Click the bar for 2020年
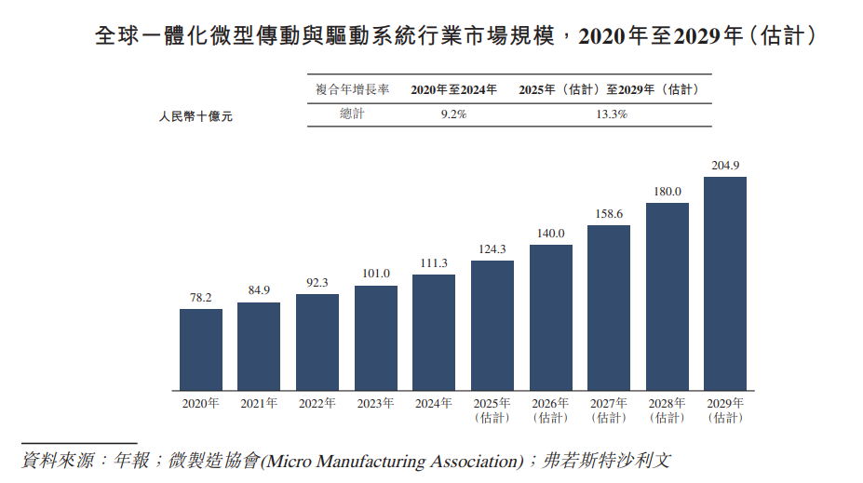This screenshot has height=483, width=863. click(x=201, y=349)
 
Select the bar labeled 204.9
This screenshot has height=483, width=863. click(x=725, y=283)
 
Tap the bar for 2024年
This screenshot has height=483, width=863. click(x=434, y=331)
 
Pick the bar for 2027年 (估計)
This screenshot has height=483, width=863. click(x=609, y=307)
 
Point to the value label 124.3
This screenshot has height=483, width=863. click(x=492, y=249)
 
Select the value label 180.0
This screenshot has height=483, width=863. click(x=667, y=192)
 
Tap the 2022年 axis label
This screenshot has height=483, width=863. click(x=317, y=404)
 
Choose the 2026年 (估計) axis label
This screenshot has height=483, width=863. click(x=550, y=410)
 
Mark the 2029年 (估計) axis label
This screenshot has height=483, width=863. click(x=725, y=410)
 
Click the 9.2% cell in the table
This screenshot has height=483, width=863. click(x=453, y=114)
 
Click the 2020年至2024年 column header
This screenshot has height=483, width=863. click(x=453, y=89)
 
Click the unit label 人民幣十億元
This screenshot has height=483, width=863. click(x=196, y=117)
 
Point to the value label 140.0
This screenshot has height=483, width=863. click(x=550, y=234)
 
